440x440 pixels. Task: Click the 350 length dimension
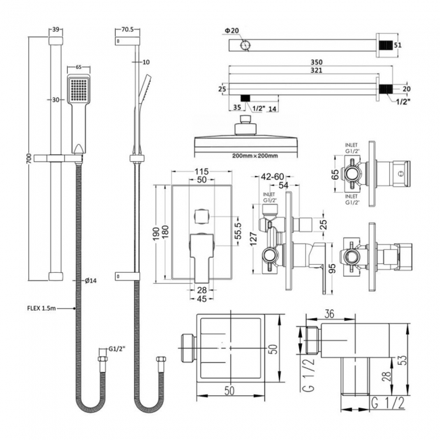point(307,62)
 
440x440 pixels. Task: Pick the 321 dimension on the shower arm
point(307,71)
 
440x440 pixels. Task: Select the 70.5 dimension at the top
point(127,30)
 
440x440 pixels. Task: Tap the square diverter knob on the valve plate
point(200,217)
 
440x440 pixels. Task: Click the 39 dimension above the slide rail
point(56,30)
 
